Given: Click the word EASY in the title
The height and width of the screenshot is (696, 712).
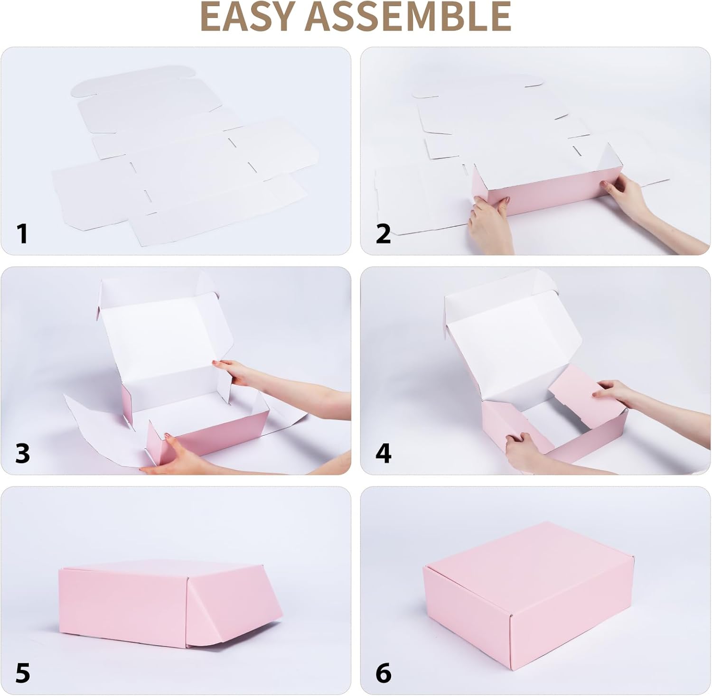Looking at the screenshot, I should [250, 17].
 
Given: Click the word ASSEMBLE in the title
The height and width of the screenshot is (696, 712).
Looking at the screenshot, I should [408, 17].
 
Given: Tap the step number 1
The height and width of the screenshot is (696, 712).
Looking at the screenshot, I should [22, 234].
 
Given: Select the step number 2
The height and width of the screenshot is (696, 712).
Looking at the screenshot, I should [383, 234].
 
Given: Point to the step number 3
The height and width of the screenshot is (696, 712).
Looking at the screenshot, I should [22, 453].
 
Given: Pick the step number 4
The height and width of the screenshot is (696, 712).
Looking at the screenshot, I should [384, 453].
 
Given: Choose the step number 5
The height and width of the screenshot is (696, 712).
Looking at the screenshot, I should [22, 673].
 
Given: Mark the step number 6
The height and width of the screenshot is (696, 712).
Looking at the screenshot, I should [384, 673].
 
